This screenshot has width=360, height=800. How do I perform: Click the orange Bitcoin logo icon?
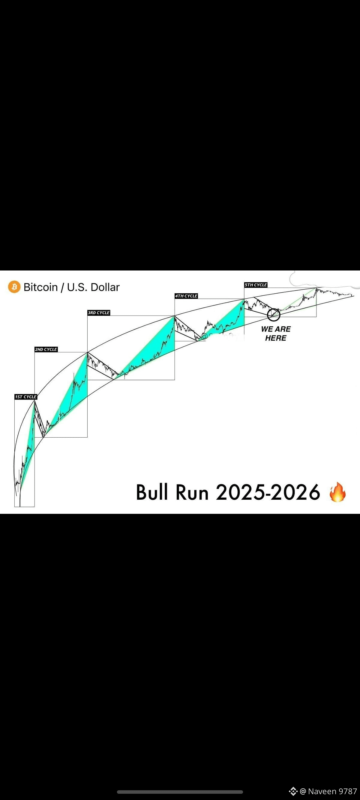(x=14, y=287)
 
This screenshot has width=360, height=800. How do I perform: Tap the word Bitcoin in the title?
(x=41, y=287)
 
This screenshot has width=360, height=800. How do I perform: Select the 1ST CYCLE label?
(x=26, y=397)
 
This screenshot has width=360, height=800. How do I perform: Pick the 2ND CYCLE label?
(x=46, y=349)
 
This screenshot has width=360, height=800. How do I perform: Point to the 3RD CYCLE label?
(x=99, y=313)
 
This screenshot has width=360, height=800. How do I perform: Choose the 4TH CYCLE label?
(x=186, y=296)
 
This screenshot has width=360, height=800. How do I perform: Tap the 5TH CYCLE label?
(x=256, y=285)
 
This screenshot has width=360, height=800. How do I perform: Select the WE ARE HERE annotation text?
(x=276, y=333)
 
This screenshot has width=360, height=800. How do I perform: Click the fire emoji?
(x=337, y=492)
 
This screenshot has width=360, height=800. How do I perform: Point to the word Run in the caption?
(x=192, y=492)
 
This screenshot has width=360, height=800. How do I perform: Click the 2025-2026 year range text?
(x=268, y=492)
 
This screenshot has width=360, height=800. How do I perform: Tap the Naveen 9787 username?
(x=332, y=791)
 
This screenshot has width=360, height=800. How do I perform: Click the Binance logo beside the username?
(x=293, y=791)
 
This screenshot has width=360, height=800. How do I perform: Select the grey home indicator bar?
(x=180, y=792)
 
